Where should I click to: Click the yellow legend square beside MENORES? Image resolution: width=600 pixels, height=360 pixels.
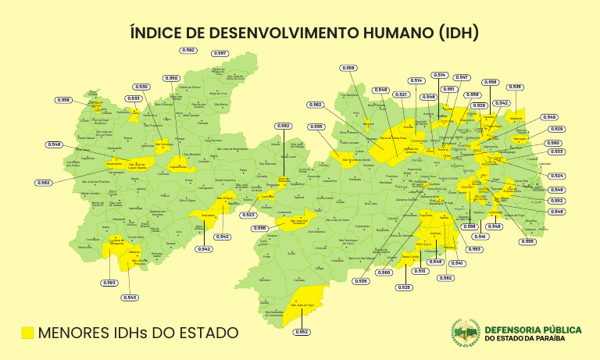[x=28, y=333]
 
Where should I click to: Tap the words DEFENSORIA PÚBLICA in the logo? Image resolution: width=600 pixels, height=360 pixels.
[x=534, y=329]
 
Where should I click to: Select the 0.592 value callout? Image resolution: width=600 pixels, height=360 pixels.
[x=187, y=50]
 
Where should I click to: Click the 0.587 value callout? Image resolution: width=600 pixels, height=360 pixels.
[x=220, y=53]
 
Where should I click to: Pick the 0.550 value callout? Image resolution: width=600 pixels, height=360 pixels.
[x=172, y=78]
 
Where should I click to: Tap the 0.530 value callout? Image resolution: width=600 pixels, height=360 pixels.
[x=141, y=86]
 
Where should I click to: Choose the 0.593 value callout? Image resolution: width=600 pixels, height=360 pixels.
[x=109, y=282]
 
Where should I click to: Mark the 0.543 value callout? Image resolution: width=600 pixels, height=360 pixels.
[x=130, y=297]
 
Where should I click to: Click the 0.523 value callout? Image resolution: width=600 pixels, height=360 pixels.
[x=248, y=214]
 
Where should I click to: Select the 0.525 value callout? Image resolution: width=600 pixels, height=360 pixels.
[x=404, y=287]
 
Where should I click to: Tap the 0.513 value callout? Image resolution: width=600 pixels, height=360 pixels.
[x=420, y=270]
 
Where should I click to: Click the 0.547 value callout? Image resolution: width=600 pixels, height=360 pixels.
[x=462, y=77]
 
